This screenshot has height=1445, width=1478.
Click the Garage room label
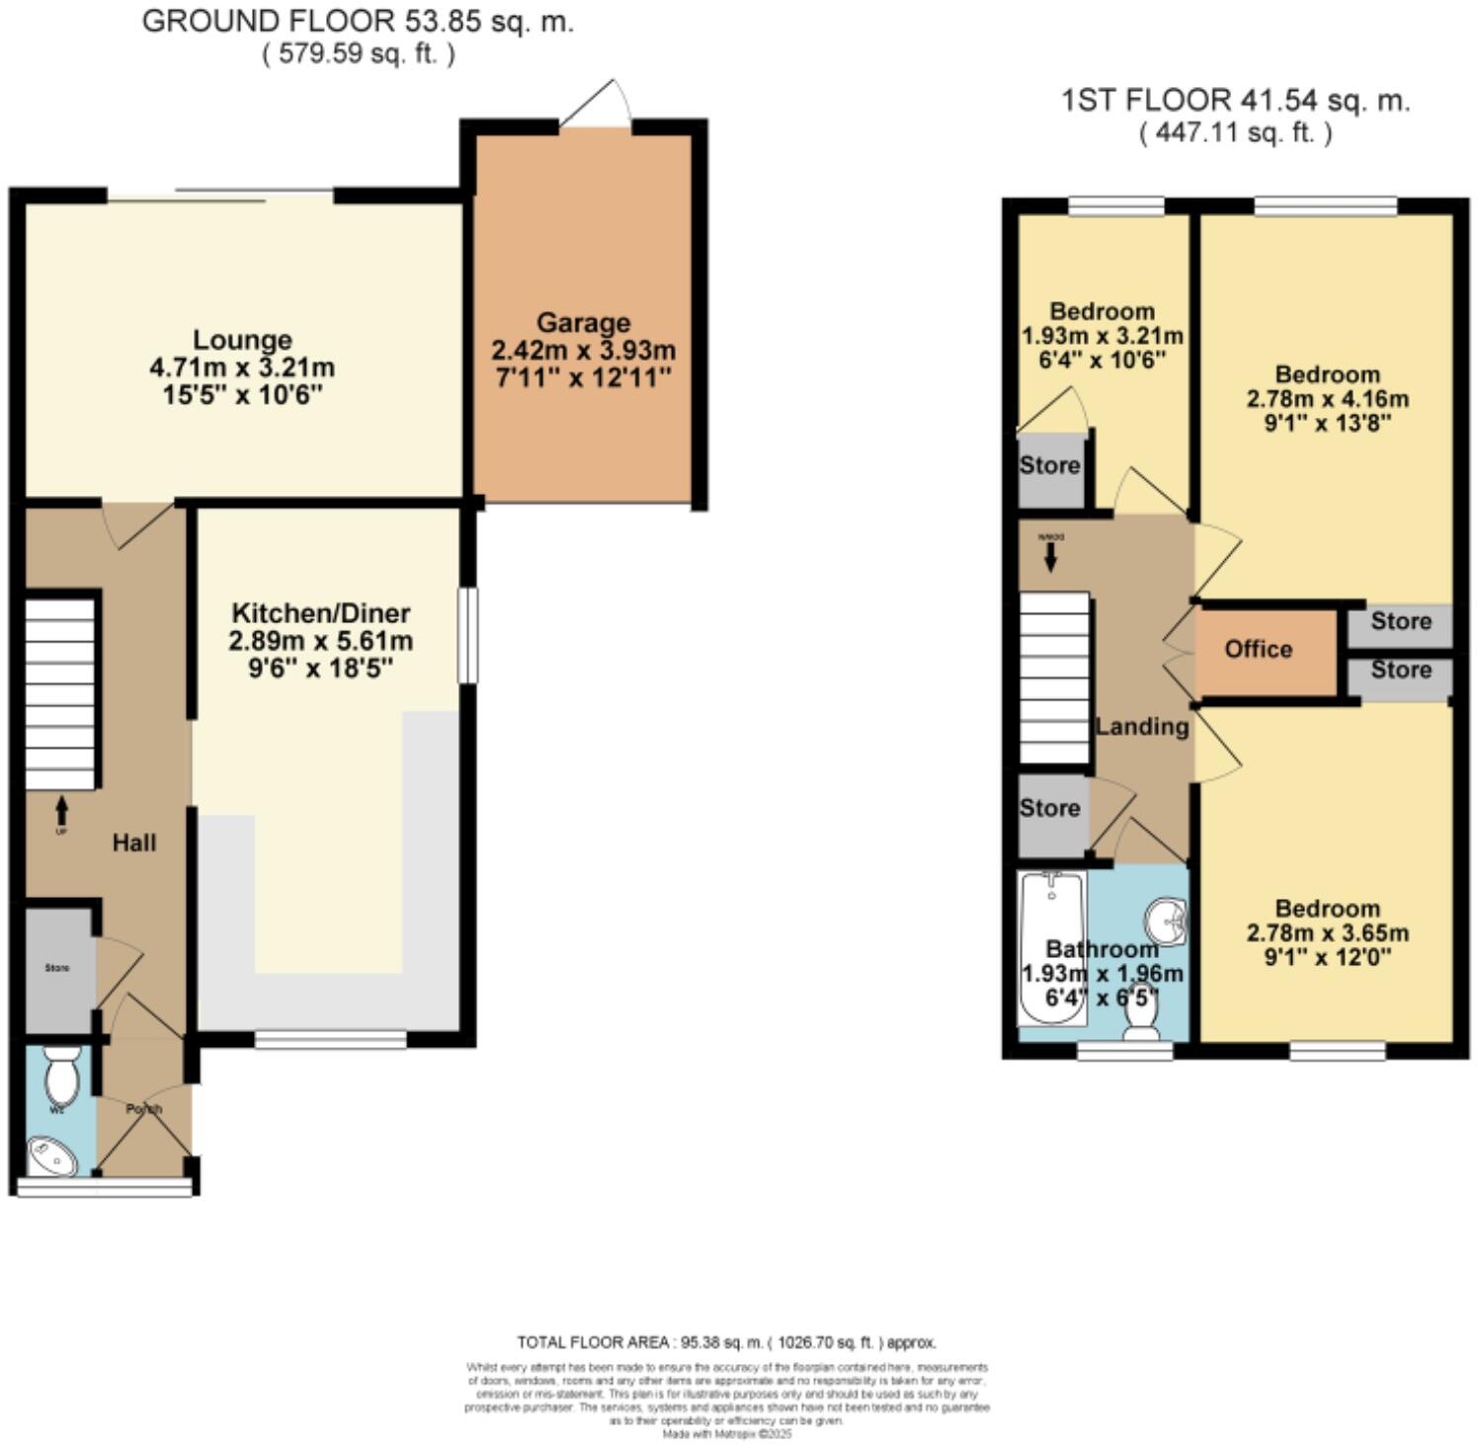point(583,323)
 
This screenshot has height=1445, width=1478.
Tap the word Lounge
point(242,340)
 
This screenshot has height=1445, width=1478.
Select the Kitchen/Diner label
point(320,612)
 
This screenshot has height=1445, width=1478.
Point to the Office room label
point(1258,649)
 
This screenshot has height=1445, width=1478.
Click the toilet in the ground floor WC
point(61,1079)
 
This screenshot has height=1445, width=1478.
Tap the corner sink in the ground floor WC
point(50,1157)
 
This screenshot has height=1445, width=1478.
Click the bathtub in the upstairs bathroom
point(1051,948)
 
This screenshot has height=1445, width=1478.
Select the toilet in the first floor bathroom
point(1141,1016)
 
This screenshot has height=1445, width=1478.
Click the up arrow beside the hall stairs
point(61,811)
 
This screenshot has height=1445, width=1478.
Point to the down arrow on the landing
point(1050,558)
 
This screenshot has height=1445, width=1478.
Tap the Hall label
point(133,843)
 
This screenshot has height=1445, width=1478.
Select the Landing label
point(1141,727)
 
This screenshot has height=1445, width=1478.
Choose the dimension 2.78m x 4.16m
point(1327,399)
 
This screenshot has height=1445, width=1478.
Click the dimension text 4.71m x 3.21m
point(242,368)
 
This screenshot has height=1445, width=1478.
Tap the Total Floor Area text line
point(726,1342)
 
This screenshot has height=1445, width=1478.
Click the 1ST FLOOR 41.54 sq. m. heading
point(1235,100)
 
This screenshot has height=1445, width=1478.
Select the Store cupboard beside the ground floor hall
point(58,969)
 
